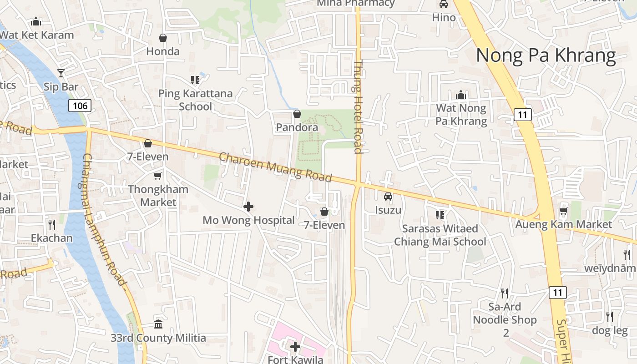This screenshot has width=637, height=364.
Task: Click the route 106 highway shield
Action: point(80,106)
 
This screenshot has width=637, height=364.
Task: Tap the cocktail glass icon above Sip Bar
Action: point(61,73)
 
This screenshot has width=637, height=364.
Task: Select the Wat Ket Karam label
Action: point(37,35)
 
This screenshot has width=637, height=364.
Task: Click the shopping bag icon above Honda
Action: point(162,38)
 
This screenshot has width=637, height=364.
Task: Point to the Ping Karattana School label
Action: point(195,100)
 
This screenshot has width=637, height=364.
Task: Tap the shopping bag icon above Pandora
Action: point(297,113)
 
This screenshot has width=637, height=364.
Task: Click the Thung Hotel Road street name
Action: point(358,107)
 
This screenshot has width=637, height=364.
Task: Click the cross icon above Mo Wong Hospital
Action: point(248,207)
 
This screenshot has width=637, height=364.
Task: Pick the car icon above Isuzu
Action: point(388,197)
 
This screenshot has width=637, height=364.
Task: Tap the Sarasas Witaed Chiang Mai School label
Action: point(440,235)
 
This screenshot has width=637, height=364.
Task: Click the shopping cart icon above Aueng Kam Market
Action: point(564,211)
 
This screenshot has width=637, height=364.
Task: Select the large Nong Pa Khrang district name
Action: point(546,56)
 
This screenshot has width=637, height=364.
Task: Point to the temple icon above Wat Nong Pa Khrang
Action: point(461,95)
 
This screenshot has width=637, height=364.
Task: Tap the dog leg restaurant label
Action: point(610,330)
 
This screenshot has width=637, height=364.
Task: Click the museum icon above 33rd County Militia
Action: point(158,324)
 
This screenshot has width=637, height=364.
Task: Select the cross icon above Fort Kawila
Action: point(295,347)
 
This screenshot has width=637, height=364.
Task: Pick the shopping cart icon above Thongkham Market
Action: point(158,176)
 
